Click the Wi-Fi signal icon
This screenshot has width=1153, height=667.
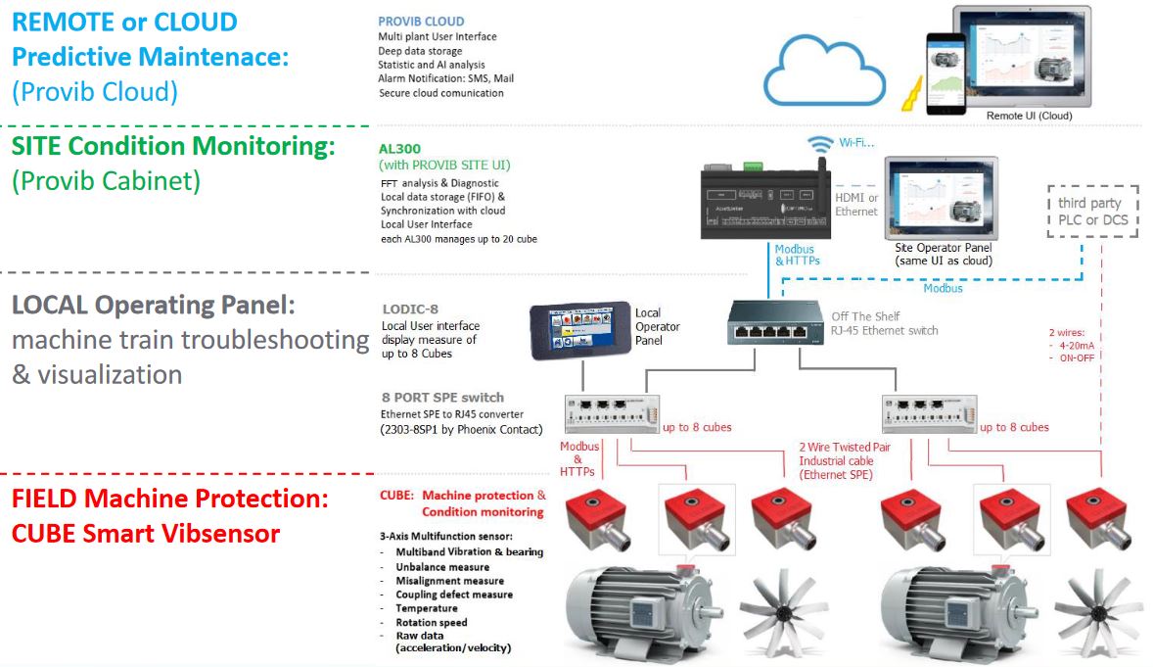coord(817,145)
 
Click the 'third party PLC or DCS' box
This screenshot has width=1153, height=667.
coord(1091,211)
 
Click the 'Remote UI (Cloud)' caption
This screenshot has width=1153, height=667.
coord(1029,116)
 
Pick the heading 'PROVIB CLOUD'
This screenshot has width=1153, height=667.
coord(421,22)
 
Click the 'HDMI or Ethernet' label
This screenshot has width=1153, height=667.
coord(855,205)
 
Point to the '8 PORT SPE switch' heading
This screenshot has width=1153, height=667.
coord(442,398)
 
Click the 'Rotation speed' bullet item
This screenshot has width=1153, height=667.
coord(431,622)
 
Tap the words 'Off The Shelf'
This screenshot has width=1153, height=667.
coord(866,316)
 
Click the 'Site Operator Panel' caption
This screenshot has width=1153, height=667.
coord(942,248)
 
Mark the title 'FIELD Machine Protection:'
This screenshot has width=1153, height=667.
coord(169,499)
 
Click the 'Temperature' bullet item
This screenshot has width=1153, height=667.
coord(426,608)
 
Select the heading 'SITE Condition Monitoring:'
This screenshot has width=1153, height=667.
coord(174,147)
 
